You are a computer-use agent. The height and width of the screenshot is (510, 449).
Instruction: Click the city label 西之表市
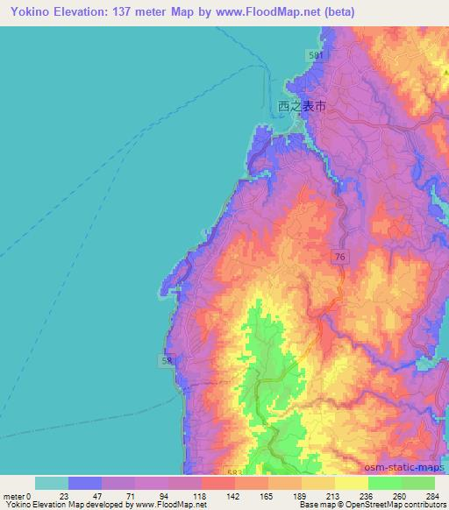(x=302, y=105)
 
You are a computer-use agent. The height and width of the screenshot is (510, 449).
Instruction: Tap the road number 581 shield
(x=317, y=55)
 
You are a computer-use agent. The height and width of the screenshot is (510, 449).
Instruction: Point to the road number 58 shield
(x=166, y=359)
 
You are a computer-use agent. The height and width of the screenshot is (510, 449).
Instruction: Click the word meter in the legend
(x=14, y=496)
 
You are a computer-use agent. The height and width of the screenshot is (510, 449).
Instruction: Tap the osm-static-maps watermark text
(x=403, y=469)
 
